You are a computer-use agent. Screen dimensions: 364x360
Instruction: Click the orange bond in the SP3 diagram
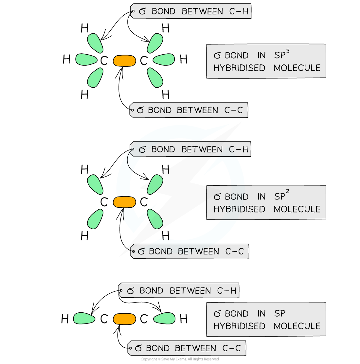point(124,61)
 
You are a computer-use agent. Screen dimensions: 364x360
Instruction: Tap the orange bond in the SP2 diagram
point(124,202)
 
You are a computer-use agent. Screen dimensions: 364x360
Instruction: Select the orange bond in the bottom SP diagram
point(124,319)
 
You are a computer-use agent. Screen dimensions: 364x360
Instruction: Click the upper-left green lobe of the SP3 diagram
point(95,43)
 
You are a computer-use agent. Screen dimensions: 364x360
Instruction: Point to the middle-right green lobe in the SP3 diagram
point(164,60)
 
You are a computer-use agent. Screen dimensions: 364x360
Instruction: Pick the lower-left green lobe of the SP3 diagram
point(95,78)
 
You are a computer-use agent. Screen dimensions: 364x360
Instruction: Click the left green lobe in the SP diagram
point(84,318)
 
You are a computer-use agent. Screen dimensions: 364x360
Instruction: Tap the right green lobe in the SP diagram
point(164,318)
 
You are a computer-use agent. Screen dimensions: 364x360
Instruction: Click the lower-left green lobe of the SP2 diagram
point(95,219)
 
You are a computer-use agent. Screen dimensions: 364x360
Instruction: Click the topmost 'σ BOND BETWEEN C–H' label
point(191,11)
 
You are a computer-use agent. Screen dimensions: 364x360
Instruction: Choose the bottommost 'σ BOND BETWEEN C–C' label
point(187,348)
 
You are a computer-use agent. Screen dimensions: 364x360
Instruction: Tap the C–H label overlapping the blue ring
point(190,149)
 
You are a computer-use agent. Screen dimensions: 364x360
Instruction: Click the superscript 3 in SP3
point(288,51)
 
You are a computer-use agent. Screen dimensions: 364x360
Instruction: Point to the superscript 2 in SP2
point(287,192)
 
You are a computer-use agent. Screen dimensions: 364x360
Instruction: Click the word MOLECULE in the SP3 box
point(297,68)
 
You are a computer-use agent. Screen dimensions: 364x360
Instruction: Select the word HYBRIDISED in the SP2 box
point(239,209)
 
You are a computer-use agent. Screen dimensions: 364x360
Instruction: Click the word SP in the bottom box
point(280,314)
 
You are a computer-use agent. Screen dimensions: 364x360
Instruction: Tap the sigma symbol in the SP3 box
point(217,56)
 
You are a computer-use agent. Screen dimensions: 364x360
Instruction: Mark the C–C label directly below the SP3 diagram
point(189,110)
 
